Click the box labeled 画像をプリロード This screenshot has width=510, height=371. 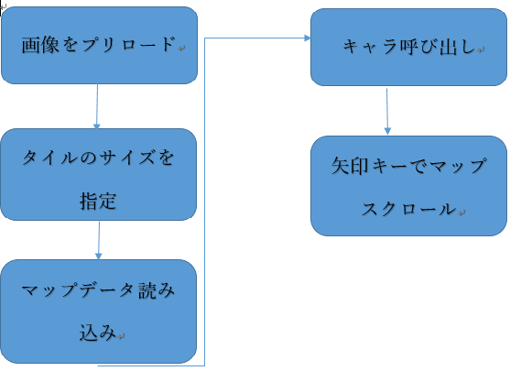pos(99,45)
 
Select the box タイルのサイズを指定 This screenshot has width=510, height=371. pos(99,174)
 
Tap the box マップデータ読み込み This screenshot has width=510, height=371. pos(99,311)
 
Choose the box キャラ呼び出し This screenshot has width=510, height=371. pos(409,48)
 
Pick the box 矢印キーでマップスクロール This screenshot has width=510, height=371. pos(409,186)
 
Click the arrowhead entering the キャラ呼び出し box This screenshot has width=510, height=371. pos(308,38)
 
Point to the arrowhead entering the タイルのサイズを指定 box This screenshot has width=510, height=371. pos(97,125)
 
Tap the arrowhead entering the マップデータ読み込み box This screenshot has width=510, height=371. pos(99,256)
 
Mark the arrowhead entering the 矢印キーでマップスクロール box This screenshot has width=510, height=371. pos(387,131)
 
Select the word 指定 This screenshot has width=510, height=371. pos(98,201)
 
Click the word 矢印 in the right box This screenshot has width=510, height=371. pos(350,166)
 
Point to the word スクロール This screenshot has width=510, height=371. pos(409,208)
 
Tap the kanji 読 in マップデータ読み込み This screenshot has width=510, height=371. pos(147,290)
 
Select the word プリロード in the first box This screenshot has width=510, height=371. pos(128,45)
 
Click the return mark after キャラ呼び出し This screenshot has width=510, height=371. pos(481,49)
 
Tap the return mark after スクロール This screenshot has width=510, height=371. pos(461,213)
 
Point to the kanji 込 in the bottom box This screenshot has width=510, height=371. pos(89,333)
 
